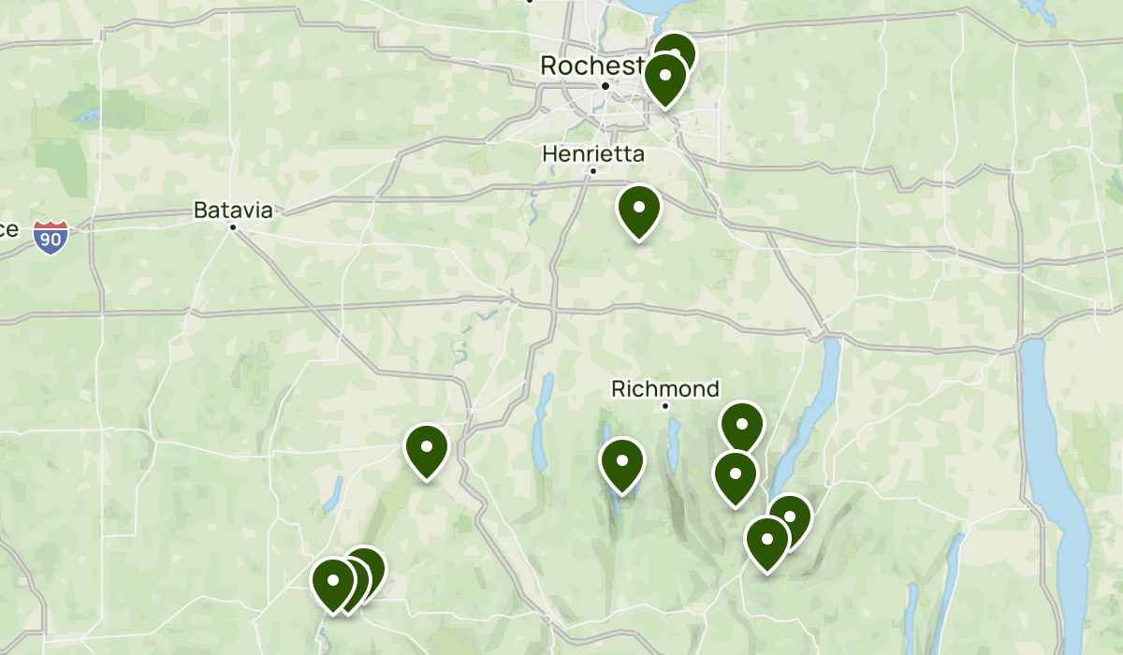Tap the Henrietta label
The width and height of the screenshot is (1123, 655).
(x=593, y=153)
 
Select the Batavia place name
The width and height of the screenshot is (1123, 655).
(x=233, y=211)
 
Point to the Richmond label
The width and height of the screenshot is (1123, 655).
(x=665, y=388)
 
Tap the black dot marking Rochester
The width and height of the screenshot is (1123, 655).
(x=605, y=86)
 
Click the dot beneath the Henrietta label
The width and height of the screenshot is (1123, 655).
(x=592, y=171)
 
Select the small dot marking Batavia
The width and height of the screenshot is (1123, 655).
(x=233, y=226)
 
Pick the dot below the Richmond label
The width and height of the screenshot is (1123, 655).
(x=665, y=406)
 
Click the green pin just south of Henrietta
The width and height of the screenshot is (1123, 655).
(x=639, y=211)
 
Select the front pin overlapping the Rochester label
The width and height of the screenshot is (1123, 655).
(x=665, y=78)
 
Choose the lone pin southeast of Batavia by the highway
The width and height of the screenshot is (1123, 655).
(x=426, y=449)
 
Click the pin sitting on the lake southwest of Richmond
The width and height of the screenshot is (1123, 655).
(x=621, y=462)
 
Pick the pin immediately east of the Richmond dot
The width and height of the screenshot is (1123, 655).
(x=742, y=425)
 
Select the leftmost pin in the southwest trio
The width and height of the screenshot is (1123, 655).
(x=332, y=582)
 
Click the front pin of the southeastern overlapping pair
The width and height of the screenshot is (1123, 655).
(x=767, y=541)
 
